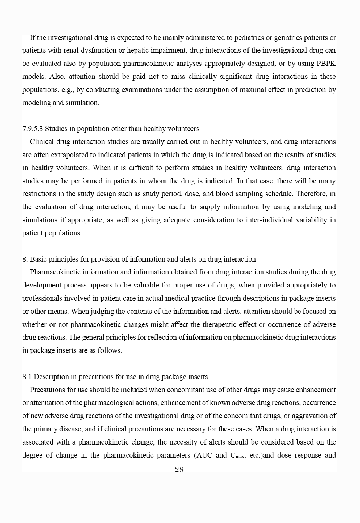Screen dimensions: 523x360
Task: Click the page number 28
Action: pyautogui.click(x=179, y=470)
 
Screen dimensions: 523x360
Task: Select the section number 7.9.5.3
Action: pyautogui.click(x=33, y=128)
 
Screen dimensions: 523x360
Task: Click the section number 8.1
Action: pyautogui.click(x=27, y=377)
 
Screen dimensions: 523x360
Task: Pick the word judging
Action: pyautogui.click(x=102, y=311)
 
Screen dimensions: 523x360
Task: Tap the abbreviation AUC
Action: pyautogui.click(x=204, y=455)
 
